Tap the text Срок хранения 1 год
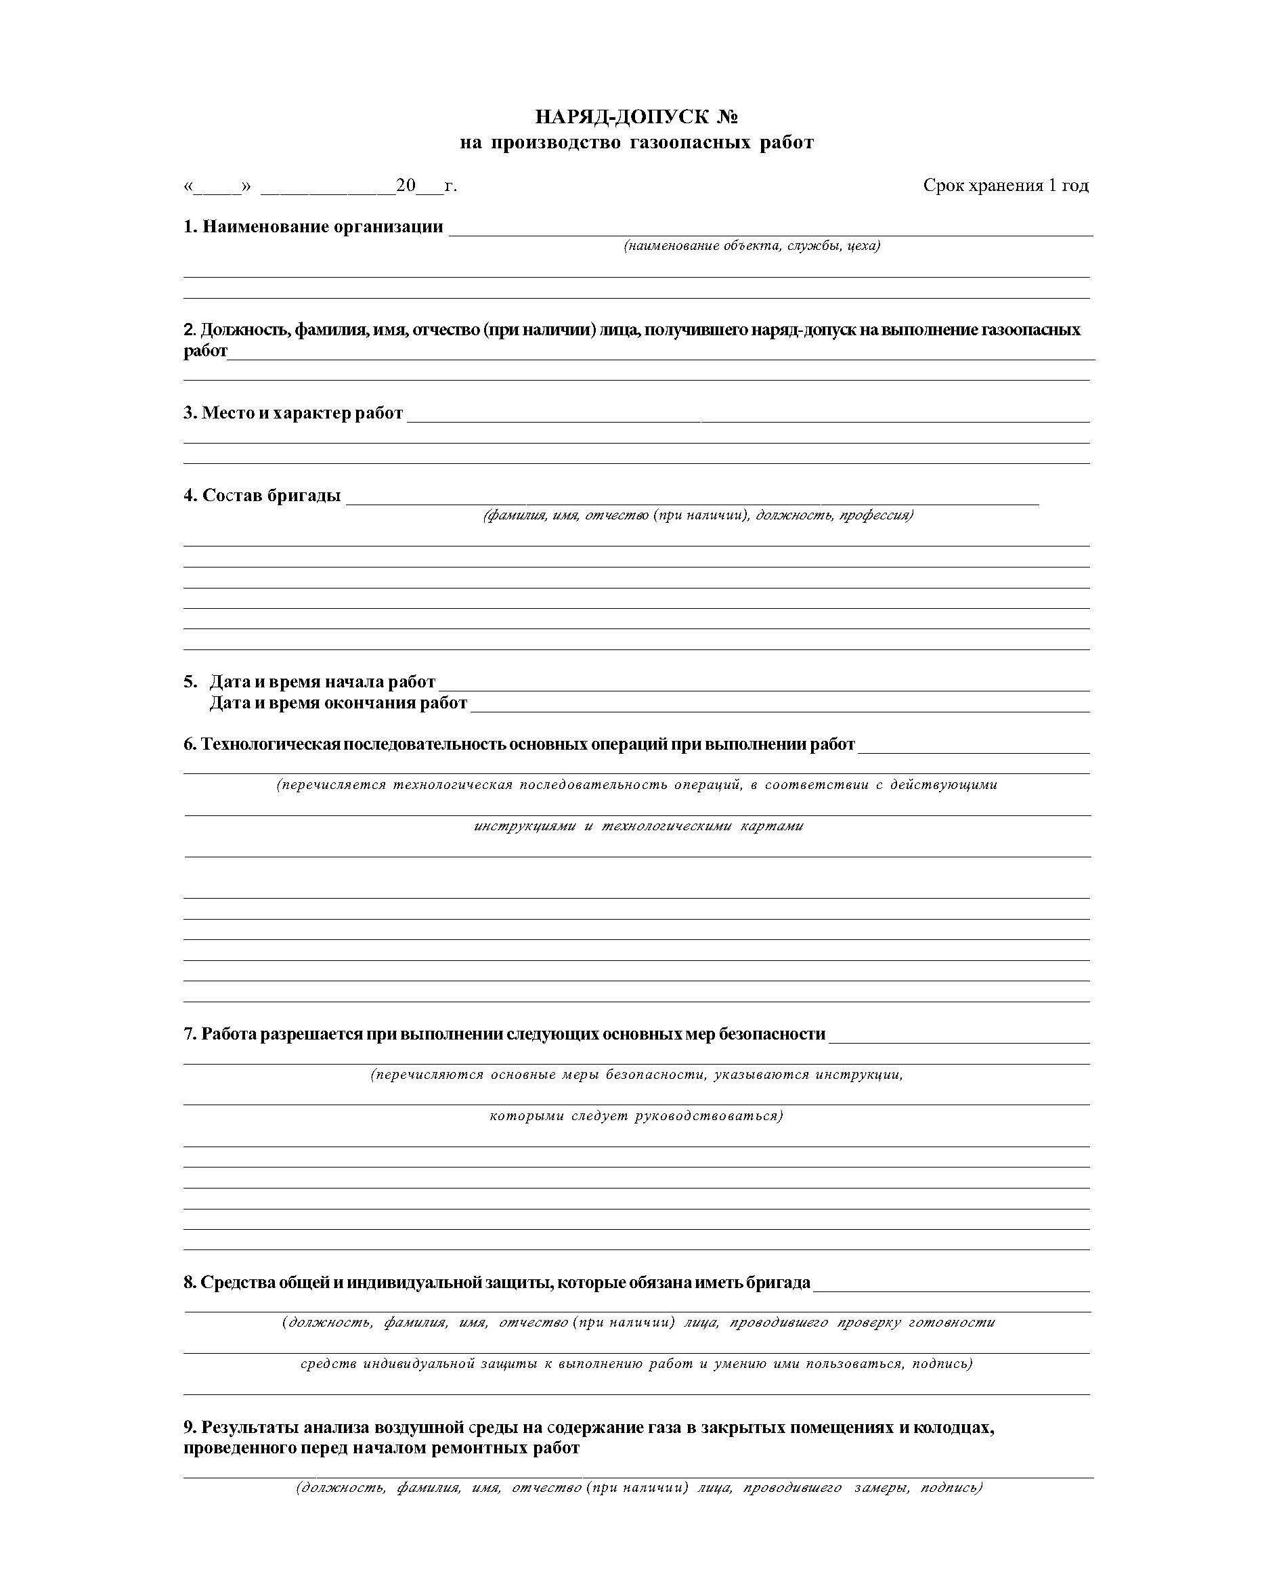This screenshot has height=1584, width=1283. (1005, 186)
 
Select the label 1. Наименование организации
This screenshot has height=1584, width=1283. (313, 227)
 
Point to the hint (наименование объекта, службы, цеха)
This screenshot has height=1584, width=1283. (752, 246)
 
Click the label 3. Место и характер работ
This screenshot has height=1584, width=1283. (293, 412)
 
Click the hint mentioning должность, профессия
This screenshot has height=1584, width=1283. (697, 515)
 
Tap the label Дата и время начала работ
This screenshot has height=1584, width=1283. (322, 681)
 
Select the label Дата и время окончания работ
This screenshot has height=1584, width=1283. (338, 702)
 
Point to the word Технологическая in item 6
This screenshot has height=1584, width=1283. (271, 744)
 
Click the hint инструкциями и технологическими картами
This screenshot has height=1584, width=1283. (638, 826)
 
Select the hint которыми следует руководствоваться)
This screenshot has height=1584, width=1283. (636, 1115)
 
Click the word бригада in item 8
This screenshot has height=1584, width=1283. (782, 1283)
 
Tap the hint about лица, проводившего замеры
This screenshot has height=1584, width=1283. (638, 1488)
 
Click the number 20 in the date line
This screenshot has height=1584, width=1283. (406, 186)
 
